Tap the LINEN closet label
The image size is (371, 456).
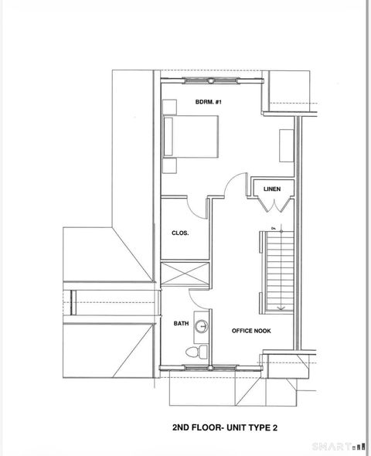(x=271, y=189)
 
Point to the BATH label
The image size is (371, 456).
(x=181, y=325)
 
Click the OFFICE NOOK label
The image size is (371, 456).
(x=251, y=331)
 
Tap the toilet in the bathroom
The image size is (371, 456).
(x=198, y=352)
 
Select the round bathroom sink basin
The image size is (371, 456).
(x=202, y=326)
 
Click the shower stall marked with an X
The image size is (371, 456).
(x=185, y=274)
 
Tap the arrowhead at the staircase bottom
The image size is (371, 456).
(x=281, y=308)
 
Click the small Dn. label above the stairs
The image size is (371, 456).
(x=274, y=228)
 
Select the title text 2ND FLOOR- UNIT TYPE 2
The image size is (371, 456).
(x=224, y=426)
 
